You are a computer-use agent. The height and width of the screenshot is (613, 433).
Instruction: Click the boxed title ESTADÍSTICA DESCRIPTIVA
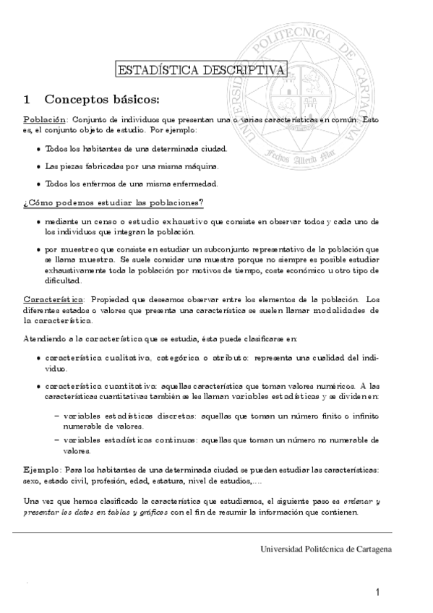click(x=200, y=70)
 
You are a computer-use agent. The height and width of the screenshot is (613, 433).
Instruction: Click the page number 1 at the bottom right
click(x=377, y=593)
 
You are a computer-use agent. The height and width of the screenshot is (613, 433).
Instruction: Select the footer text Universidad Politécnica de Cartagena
click(x=326, y=549)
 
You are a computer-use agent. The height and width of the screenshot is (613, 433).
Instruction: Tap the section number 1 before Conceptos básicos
click(x=27, y=98)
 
